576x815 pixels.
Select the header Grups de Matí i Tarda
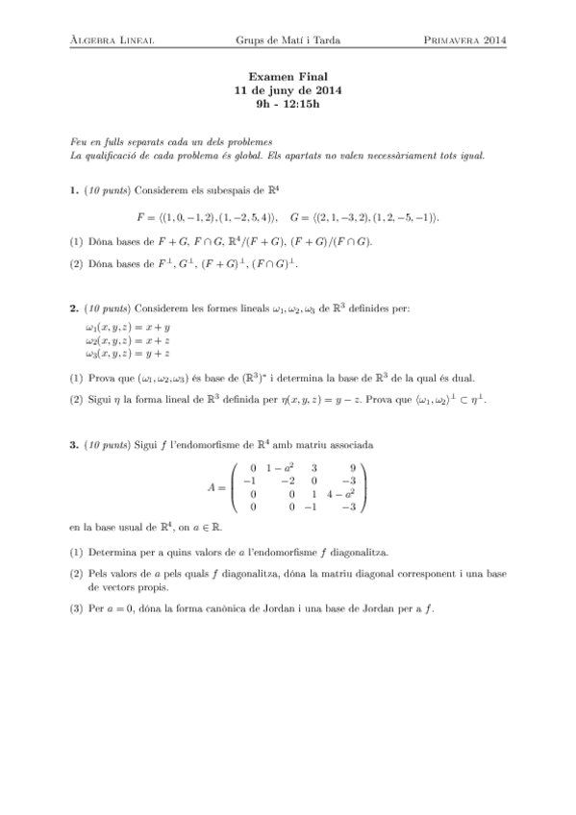point(288,40)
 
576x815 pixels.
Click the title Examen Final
point(288,77)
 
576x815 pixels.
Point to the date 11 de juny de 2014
point(288,90)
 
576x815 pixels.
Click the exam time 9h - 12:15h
point(288,104)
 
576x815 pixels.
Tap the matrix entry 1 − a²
point(278,468)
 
